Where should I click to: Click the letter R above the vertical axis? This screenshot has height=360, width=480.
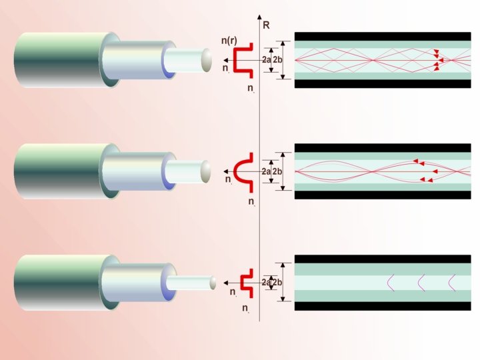[267, 25]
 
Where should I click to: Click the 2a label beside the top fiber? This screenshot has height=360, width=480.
[267, 60]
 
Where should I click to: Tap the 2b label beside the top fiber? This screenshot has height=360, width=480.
[277, 60]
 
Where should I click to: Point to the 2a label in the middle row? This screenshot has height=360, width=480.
[266, 172]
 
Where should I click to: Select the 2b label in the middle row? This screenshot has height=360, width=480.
[277, 172]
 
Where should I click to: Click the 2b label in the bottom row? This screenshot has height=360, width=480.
[277, 283]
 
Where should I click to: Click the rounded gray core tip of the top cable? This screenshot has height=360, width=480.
[208, 60]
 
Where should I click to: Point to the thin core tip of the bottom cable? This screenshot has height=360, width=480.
[213, 283]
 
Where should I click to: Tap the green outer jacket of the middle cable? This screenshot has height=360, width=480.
[57, 171]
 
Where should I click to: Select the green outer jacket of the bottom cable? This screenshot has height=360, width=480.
[57, 282]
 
